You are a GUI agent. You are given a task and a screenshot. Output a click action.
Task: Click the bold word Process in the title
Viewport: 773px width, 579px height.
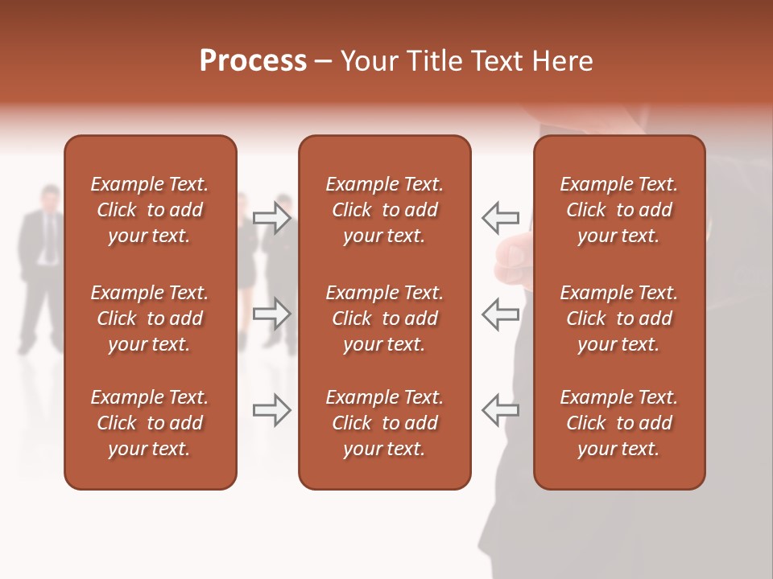point(253,61)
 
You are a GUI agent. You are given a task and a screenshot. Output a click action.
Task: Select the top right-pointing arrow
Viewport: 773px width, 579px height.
point(272,218)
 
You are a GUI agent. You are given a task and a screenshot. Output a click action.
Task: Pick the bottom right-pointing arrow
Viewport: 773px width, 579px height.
point(272,410)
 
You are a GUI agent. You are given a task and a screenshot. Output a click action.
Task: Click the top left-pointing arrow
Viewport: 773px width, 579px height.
point(500,218)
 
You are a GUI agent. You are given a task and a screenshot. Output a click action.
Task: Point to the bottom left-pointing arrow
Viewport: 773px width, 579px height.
point(500,410)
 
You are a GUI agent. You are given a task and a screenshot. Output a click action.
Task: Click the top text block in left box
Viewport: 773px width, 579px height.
point(150,210)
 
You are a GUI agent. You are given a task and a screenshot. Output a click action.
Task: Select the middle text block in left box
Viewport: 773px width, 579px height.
point(150,318)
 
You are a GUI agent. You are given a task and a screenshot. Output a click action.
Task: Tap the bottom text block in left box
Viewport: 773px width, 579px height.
point(150,423)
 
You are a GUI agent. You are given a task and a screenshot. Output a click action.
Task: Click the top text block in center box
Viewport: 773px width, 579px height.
point(384,210)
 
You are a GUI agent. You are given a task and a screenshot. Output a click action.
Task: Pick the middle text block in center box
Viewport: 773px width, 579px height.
point(384,318)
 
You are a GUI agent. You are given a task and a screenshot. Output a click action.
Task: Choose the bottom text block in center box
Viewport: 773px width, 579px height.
point(384,423)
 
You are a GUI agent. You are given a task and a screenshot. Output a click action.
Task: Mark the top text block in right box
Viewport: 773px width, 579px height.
point(618,210)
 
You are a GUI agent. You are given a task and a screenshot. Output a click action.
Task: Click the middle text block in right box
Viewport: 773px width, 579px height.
point(618,318)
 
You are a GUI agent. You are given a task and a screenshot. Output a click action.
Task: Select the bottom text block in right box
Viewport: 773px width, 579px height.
point(618,423)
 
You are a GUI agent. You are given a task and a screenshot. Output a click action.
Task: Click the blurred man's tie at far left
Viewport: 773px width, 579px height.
point(50,238)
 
